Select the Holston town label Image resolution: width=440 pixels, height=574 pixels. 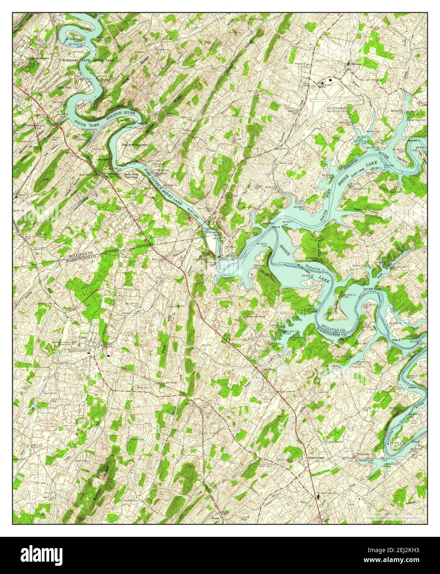point(356,64)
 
